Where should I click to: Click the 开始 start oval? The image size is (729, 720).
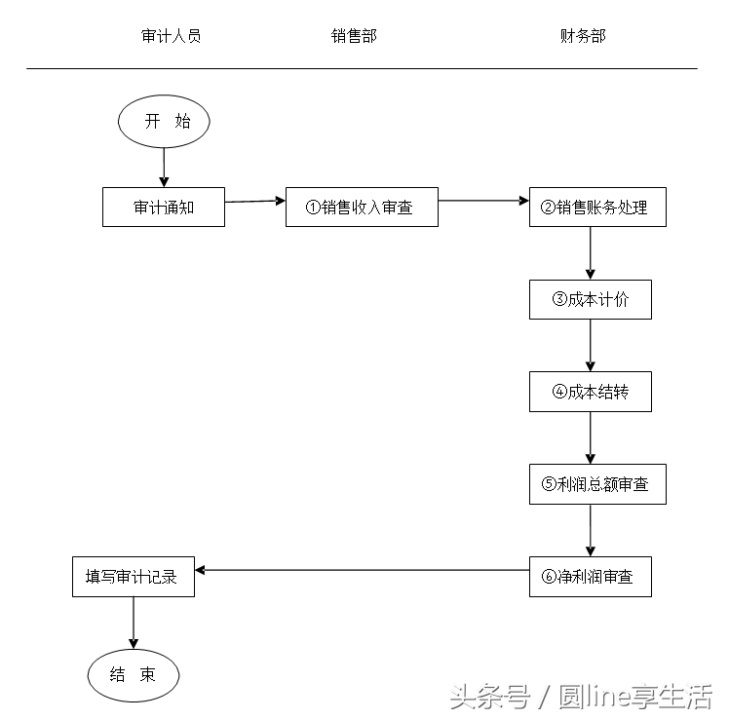[x=164, y=122]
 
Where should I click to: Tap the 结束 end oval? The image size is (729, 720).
[x=134, y=674]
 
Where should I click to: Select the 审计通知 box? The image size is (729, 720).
[x=164, y=207]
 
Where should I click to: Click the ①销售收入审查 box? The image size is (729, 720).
[x=362, y=207]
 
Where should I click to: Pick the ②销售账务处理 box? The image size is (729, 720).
[x=597, y=207]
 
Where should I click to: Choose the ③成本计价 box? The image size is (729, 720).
[x=591, y=299]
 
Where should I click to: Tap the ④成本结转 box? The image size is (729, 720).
[x=591, y=391]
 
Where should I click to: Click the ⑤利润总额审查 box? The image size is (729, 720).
[x=597, y=484]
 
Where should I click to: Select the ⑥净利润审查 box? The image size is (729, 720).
[x=591, y=576]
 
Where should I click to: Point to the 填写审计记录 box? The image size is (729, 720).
[x=134, y=576]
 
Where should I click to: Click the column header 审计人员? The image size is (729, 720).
[x=172, y=36]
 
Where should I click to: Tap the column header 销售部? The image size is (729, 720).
[x=354, y=36]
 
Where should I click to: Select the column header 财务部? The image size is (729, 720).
[x=583, y=36]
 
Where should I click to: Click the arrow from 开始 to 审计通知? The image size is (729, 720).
[x=164, y=167]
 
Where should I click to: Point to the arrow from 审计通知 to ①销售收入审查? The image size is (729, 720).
[x=254, y=201]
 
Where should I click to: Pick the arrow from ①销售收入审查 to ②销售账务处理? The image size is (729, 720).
[x=483, y=201]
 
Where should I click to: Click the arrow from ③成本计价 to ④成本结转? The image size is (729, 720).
[x=591, y=345]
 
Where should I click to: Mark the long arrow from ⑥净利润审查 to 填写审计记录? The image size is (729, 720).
[x=362, y=570]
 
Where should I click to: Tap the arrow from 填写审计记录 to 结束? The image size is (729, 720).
[x=134, y=623]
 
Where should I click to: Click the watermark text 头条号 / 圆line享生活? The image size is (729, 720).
[x=581, y=697]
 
